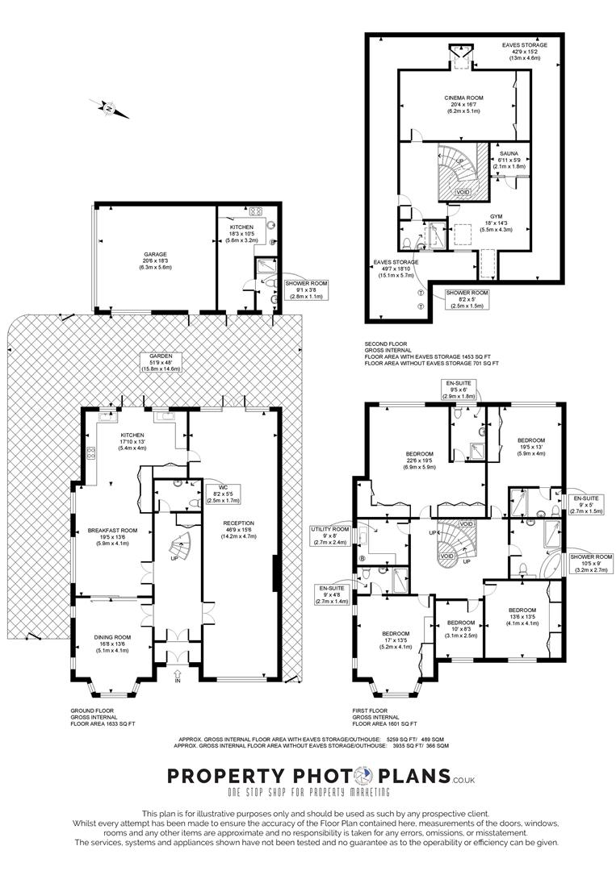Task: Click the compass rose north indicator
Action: [110, 108]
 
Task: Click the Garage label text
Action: [156, 260]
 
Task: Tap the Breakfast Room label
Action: [113, 536]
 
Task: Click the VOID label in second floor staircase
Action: [463, 193]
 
